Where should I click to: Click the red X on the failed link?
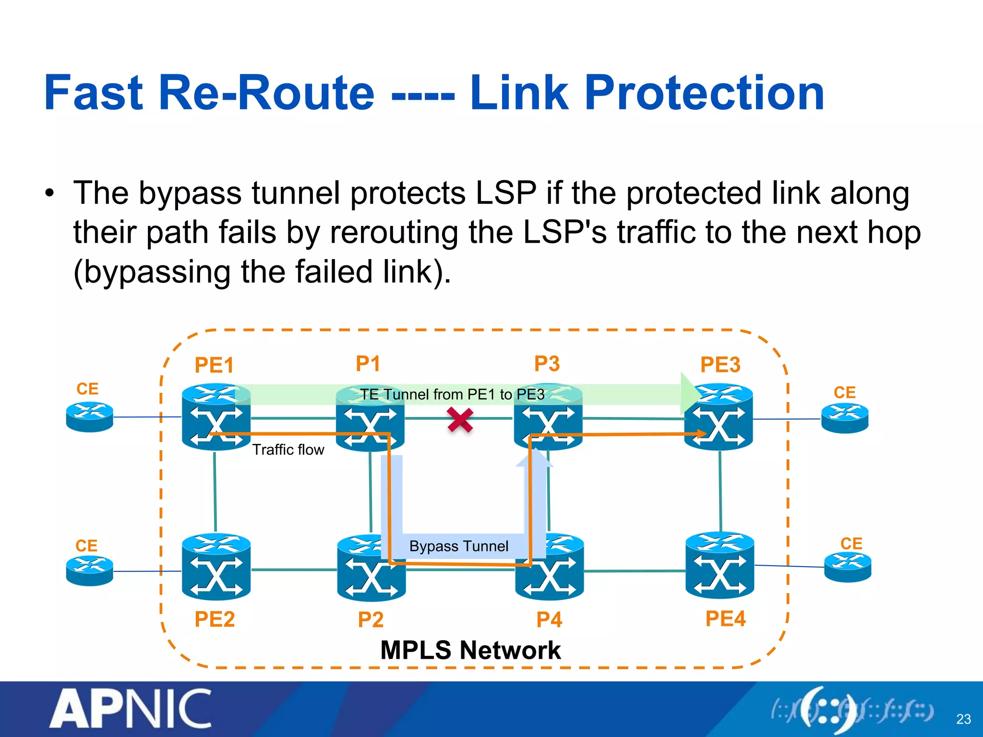click(x=460, y=420)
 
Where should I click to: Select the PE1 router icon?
click(x=216, y=416)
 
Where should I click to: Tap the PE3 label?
click(x=720, y=365)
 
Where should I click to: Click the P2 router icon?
click(x=371, y=568)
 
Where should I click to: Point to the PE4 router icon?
click(x=719, y=565)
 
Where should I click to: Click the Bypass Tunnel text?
click(x=458, y=546)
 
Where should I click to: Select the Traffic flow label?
click(x=288, y=450)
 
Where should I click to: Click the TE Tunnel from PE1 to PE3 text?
click(x=452, y=394)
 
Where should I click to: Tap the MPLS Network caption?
click(x=470, y=650)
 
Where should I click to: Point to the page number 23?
click(x=963, y=719)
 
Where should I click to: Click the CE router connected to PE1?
click(x=90, y=416)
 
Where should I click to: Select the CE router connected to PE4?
click(x=848, y=567)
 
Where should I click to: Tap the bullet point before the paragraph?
click(x=49, y=194)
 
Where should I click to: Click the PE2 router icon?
click(x=216, y=567)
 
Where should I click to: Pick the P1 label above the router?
click(x=368, y=363)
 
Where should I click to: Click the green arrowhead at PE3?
click(x=689, y=393)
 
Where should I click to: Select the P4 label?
click(x=549, y=619)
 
